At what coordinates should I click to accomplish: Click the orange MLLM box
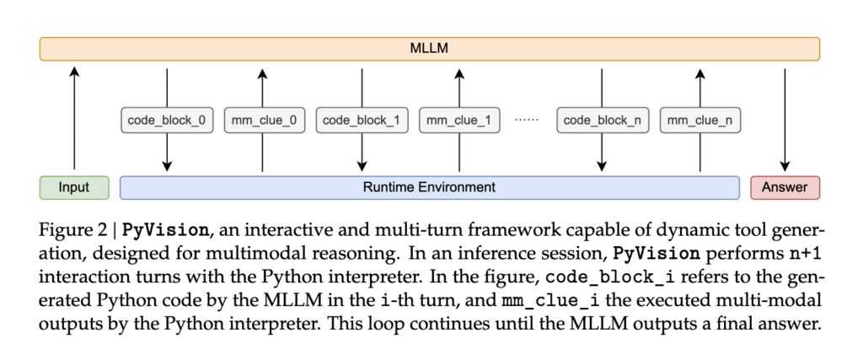[x=429, y=48]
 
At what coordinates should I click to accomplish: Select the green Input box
[x=74, y=187]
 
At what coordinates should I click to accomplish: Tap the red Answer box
[x=785, y=187]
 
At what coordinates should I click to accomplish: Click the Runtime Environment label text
[x=429, y=187]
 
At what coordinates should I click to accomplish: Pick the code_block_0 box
[x=167, y=121]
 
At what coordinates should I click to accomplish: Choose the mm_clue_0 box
[x=264, y=121]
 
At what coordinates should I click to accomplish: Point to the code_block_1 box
[x=362, y=121]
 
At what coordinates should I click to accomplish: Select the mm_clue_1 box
[x=459, y=121]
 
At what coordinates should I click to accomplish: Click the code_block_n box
[x=603, y=121]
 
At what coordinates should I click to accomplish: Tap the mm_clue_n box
[x=700, y=121]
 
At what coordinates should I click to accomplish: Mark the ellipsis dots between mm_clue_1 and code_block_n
[x=528, y=120]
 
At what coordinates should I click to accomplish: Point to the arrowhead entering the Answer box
[x=785, y=166]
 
